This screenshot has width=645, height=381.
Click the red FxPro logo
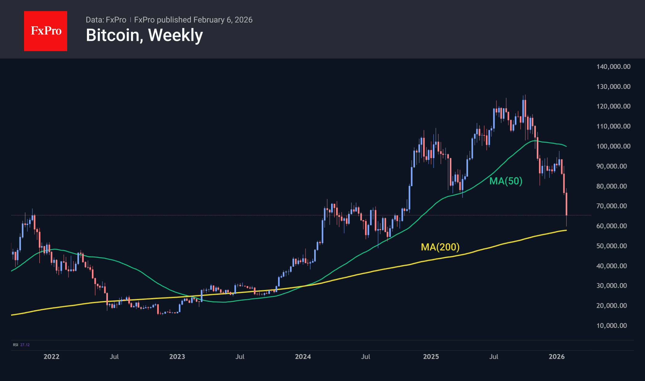click(x=46, y=31)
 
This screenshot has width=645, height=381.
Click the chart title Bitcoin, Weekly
click(x=144, y=35)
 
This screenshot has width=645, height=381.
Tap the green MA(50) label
click(x=506, y=181)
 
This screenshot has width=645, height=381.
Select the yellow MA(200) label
click(x=440, y=247)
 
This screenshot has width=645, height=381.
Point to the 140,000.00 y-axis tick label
click(x=613, y=67)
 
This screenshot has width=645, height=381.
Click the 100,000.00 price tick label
click(x=613, y=146)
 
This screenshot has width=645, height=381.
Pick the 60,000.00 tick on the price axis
click(x=611, y=226)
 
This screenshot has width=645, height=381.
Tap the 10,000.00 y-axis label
click(x=611, y=326)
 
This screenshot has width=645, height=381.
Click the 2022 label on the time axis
click(x=51, y=357)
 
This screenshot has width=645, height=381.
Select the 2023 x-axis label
click(x=177, y=357)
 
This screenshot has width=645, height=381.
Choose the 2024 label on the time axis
click(x=303, y=357)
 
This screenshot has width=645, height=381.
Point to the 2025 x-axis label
click(x=431, y=357)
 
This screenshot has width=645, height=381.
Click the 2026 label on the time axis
click(x=557, y=357)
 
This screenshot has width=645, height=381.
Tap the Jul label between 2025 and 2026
click(x=494, y=357)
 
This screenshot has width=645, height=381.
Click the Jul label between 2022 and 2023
click(x=114, y=357)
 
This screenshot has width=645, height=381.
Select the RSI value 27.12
click(x=25, y=345)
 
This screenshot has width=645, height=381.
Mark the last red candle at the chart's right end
click(x=566, y=204)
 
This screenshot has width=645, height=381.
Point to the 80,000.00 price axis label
click(x=611, y=186)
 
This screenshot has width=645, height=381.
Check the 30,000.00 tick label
click(x=611, y=286)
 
